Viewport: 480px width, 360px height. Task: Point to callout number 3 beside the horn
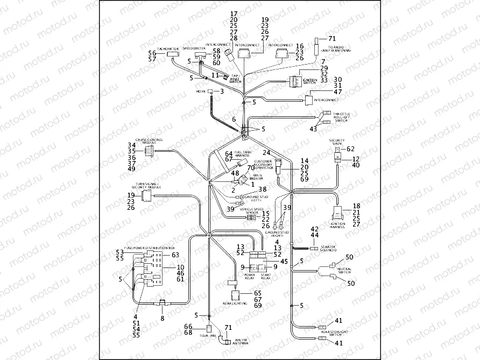(x=221, y=92)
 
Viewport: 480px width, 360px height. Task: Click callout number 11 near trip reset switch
(x=215, y=75)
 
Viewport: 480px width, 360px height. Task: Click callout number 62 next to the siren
(x=350, y=149)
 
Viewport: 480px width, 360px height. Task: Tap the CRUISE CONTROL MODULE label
(x=149, y=141)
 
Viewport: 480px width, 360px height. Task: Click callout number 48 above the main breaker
(x=235, y=173)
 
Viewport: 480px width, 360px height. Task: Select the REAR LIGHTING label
(x=235, y=303)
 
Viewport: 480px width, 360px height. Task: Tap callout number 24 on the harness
(x=266, y=152)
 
